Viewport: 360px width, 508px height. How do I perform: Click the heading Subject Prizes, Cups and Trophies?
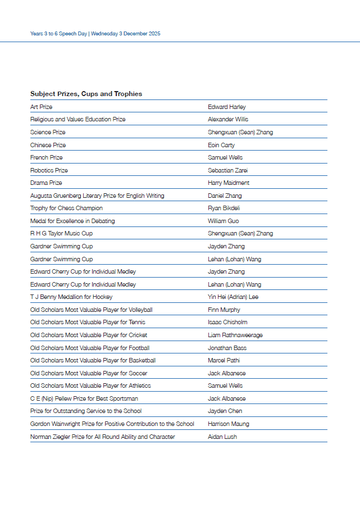(x=86, y=94)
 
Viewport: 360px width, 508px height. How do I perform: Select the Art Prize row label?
(x=41, y=107)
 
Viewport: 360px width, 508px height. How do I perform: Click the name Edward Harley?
(x=226, y=107)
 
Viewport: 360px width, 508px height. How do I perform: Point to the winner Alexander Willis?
(x=228, y=119)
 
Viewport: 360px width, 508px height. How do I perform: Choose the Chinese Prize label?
(x=48, y=145)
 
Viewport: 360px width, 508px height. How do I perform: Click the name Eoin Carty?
(x=221, y=145)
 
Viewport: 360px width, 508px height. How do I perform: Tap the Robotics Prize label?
(x=49, y=170)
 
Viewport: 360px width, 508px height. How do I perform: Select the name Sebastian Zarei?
(x=227, y=170)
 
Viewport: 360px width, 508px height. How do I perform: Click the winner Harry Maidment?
(x=229, y=183)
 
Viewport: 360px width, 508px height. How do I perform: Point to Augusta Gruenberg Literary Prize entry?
(x=97, y=196)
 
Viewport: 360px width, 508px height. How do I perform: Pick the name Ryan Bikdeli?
(x=223, y=208)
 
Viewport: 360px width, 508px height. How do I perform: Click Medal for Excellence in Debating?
(x=72, y=221)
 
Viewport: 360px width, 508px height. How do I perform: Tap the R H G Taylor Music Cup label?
(x=61, y=233)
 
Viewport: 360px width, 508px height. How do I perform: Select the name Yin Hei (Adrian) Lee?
(x=233, y=297)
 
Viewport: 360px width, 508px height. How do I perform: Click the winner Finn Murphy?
(x=224, y=310)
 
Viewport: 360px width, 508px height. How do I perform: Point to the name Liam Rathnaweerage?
(x=235, y=335)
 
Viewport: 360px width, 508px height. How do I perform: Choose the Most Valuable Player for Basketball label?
(x=93, y=360)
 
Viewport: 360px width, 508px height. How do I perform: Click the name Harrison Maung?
(x=228, y=424)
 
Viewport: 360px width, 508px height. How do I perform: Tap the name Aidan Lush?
(x=222, y=437)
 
